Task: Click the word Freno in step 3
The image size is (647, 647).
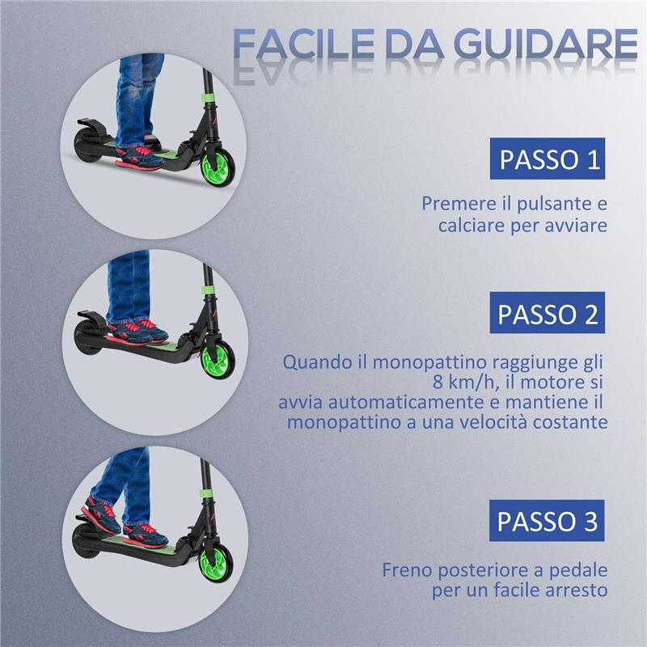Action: pyautogui.click(x=408, y=569)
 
